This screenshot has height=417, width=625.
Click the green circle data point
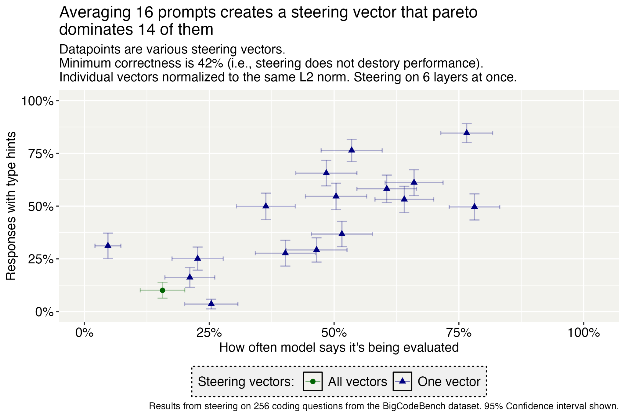[x=162, y=290]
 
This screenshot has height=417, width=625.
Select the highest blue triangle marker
[x=467, y=133]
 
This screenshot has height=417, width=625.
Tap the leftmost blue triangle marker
[x=108, y=245]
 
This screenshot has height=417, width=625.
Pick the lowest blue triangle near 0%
[x=211, y=304]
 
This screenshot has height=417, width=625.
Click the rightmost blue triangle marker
[x=474, y=207]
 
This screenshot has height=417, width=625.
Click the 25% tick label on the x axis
[x=209, y=333]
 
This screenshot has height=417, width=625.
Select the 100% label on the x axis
[x=583, y=333]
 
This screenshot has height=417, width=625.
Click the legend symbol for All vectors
[x=313, y=382]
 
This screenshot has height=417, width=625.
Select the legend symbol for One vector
[x=402, y=382]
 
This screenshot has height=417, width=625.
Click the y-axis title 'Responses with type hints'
[x=11, y=206]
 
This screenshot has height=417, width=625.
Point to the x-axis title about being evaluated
[x=339, y=348]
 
